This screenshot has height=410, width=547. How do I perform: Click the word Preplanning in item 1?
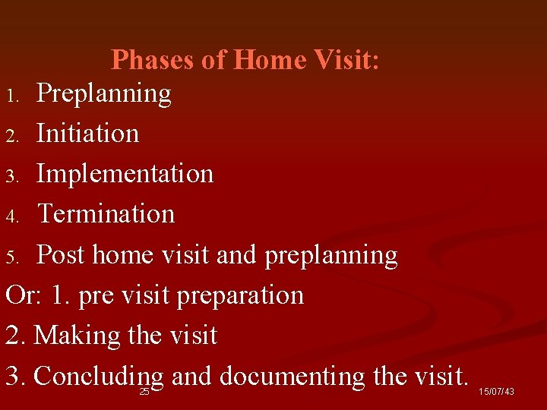pyautogui.click(x=104, y=94)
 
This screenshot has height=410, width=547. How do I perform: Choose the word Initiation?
pyautogui.click(x=88, y=134)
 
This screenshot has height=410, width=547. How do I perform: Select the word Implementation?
pyautogui.click(x=125, y=174)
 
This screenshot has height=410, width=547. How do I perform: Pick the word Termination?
pyautogui.click(x=106, y=214)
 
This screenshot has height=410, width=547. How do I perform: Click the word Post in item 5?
pyautogui.click(x=62, y=255)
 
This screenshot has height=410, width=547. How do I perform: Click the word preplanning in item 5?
pyautogui.click(x=331, y=256)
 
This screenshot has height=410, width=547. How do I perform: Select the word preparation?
pyautogui.click(x=240, y=296)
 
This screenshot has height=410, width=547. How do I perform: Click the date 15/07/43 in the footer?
pyautogui.click(x=496, y=392)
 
